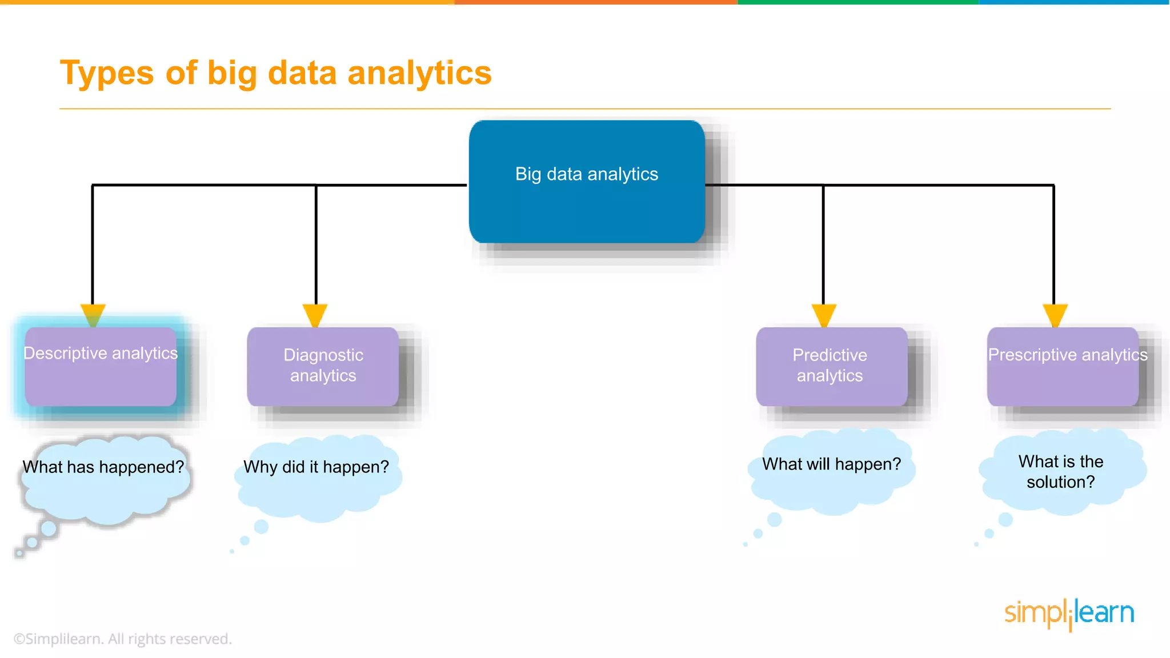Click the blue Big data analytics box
587,182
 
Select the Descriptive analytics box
101,367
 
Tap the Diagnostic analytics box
323,367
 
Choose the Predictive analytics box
831,367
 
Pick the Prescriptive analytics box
1063,367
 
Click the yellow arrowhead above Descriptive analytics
93,314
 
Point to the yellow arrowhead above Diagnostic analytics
315,314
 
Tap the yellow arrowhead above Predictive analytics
824,314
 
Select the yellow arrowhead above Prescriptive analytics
1055,314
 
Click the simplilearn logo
1069,613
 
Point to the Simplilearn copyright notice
123,639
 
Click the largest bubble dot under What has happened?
49,528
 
